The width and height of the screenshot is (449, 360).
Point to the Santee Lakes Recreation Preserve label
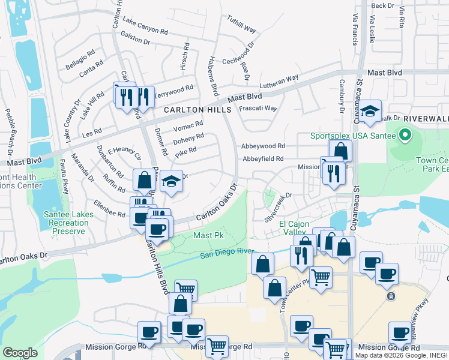[x=66, y=223]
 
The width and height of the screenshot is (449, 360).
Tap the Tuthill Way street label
[x=241, y=25]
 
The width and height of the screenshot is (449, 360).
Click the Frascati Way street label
[x=258, y=109]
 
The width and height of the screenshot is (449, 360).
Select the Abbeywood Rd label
[x=263, y=146]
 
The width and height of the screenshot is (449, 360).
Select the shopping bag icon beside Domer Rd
[x=144, y=179]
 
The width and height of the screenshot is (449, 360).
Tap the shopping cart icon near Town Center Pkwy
[x=321, y=277]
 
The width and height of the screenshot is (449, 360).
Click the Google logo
[x=20, y=353]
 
